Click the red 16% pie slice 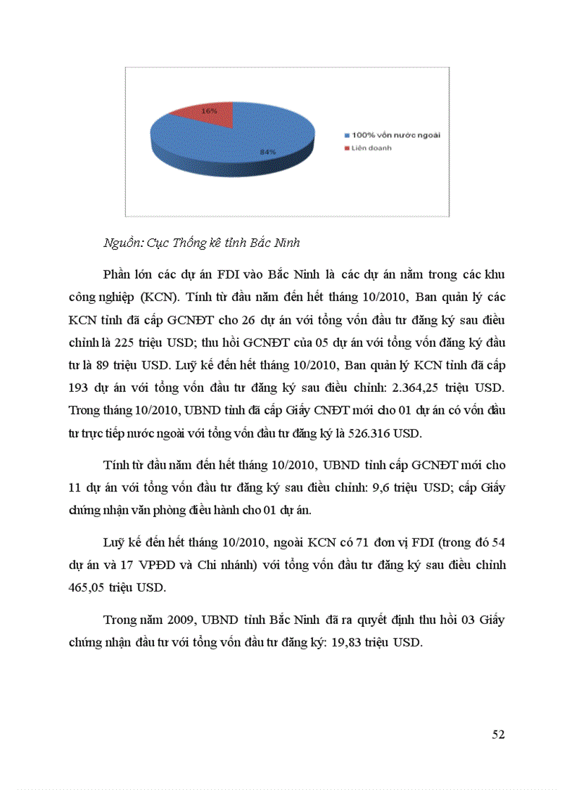(x=208, y=114)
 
